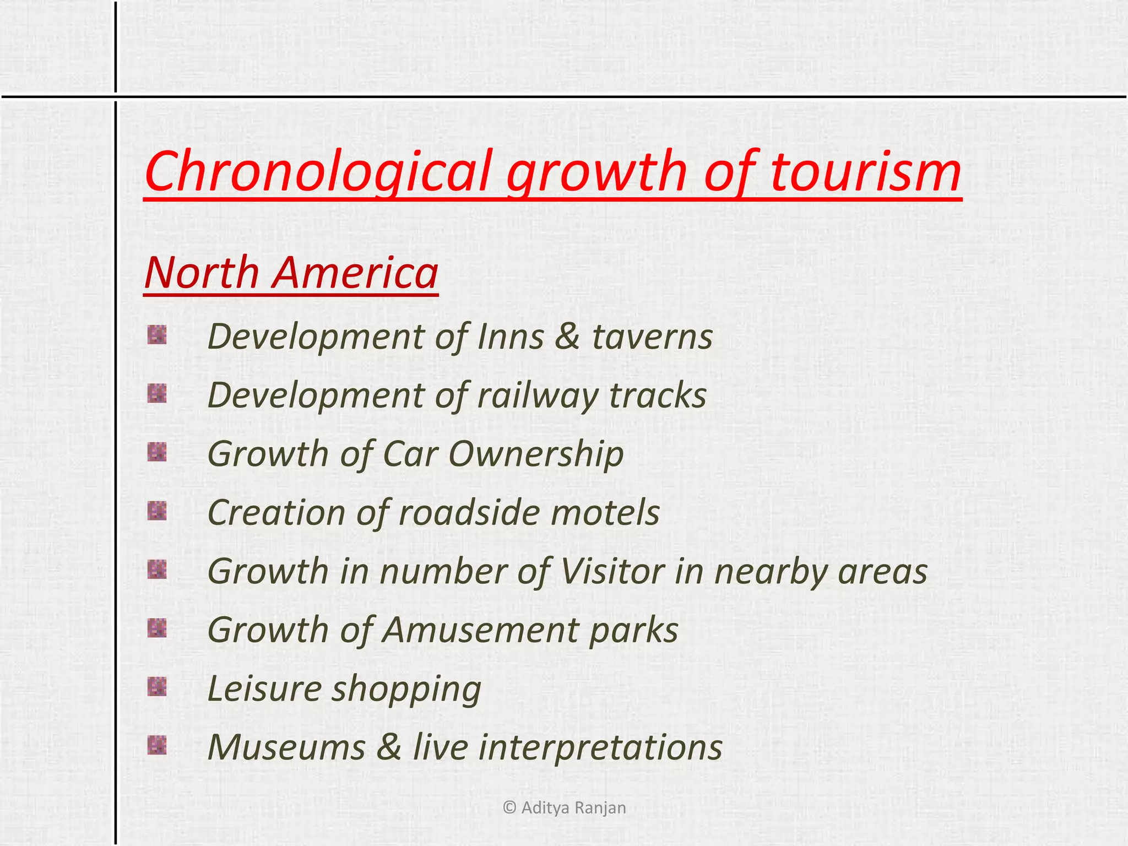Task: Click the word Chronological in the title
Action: coord(317,172)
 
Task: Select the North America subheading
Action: coord(291,273)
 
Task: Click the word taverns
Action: coord(652,337)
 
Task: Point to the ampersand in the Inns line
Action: coord(567,337)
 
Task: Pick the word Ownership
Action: coord(536,455)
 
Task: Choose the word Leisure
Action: coord(265,688)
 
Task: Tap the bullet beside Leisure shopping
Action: coord(157,686)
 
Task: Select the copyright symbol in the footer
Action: coord(509,808)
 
